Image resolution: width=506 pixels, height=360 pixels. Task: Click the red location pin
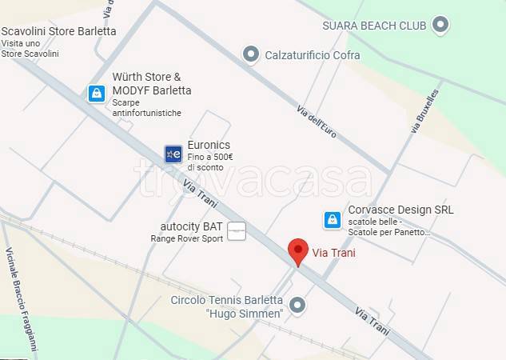click(298, 250)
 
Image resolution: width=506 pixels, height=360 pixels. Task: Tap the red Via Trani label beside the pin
click(333, 254)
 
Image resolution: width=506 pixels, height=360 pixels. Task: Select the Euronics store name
click(208, 145)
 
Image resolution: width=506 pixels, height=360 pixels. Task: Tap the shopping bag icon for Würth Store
click(97, 94)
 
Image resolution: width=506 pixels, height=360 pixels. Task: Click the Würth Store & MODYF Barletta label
click(151, 84)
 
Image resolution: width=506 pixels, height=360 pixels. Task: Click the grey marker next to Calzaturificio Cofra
click(251, 54)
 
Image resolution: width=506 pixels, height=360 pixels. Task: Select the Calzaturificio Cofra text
click(313, 55)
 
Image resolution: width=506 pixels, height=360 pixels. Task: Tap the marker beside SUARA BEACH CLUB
click(440, 26)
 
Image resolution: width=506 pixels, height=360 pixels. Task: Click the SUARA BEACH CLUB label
click(373, 26)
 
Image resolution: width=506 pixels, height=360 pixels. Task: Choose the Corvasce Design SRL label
click(400, 210)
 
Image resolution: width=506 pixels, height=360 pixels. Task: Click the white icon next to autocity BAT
click(237, 232)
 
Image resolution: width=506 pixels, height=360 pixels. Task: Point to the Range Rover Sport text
click(186, 238)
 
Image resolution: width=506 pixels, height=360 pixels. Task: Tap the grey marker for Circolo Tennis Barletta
click(297, 305)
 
